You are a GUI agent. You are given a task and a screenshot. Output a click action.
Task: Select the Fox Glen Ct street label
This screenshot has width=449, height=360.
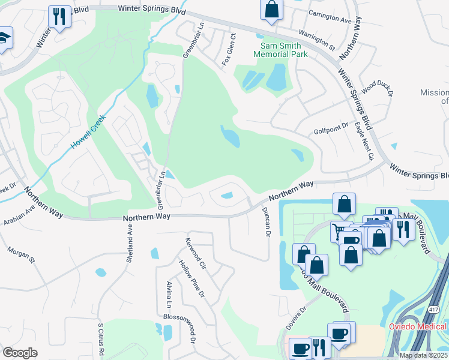(228, 50)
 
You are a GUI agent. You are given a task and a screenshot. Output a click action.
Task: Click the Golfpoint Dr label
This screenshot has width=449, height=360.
(331, 127)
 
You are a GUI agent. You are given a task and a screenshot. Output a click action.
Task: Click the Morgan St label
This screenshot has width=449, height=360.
(22, 254)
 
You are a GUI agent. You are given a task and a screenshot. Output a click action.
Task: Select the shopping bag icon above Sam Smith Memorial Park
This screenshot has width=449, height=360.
(271, 9)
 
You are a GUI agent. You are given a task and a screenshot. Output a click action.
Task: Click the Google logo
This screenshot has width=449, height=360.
(20, 352)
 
